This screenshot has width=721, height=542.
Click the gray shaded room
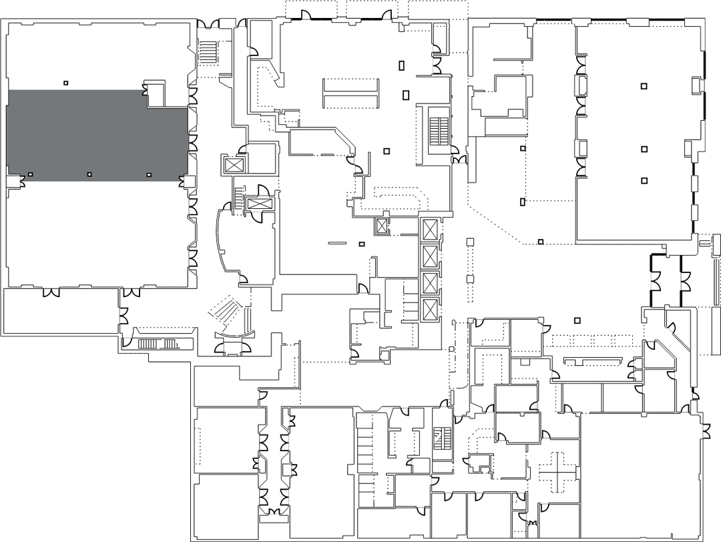(97, 135)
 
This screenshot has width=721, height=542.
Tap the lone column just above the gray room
(65, 83)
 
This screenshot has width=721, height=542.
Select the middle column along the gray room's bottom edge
(89, 175)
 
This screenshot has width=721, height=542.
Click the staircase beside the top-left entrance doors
(210, 52)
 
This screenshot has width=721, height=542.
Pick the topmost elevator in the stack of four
(429, 230)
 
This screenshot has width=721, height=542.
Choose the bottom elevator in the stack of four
(429, 310)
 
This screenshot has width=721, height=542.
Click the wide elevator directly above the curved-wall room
(259, 204)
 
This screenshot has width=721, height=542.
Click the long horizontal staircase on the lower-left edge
(158, 344)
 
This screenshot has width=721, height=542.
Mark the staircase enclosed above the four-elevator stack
(439, 131)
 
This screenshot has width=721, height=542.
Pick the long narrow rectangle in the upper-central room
(350, 93)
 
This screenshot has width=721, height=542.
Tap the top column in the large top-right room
(644, 85)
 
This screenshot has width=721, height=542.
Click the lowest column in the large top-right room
(644, 180)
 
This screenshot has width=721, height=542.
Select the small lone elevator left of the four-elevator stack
(382, 226)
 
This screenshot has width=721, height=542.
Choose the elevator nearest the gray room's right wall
(234, 164)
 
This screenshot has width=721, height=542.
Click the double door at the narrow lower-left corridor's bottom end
(274, 511)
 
